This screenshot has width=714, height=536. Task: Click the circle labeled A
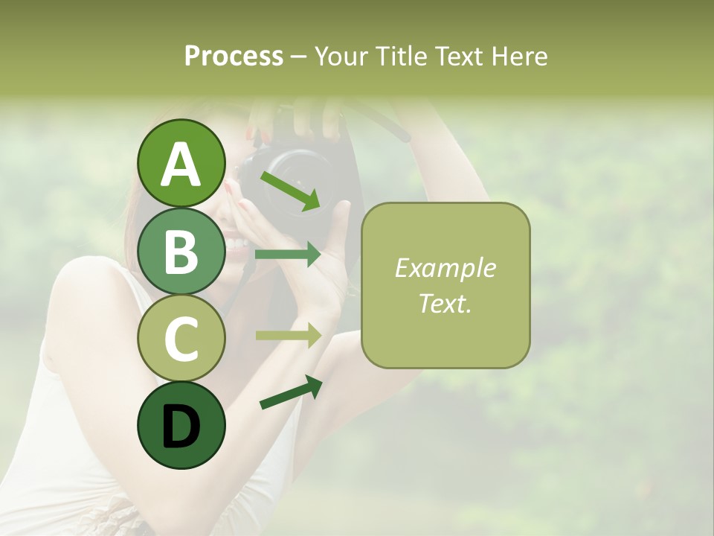181,163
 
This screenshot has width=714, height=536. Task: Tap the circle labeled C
181,338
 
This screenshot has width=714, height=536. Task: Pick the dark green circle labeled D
181,425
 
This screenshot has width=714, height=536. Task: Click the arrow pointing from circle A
290,191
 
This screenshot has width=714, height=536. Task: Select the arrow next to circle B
288,255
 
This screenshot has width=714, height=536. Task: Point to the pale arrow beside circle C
288,335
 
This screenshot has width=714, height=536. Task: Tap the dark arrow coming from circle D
291,392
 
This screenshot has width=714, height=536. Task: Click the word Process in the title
234,57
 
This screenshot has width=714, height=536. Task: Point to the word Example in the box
445,269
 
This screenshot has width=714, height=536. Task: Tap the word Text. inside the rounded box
445,303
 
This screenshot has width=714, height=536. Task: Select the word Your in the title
341,57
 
